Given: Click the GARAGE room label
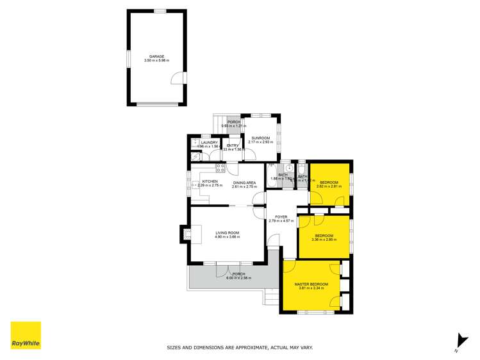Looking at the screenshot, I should coord(156,56).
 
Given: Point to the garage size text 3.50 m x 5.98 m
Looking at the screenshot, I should coord(156,60).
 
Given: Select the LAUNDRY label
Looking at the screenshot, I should coord(210,142).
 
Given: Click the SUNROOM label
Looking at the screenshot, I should coord(260,138).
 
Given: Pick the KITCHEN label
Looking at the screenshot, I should coord(210,181).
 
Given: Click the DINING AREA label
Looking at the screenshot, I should coord(244,181).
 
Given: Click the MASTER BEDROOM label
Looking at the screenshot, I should coord(311,284).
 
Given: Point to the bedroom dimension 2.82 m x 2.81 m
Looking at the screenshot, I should coord(329,186).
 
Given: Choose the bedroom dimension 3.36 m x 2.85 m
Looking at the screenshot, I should coord(324,240).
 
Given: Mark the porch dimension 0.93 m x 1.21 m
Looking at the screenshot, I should coord(234,126).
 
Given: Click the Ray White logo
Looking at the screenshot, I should coord(26,336).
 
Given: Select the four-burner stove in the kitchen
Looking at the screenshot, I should coord(220,168).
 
